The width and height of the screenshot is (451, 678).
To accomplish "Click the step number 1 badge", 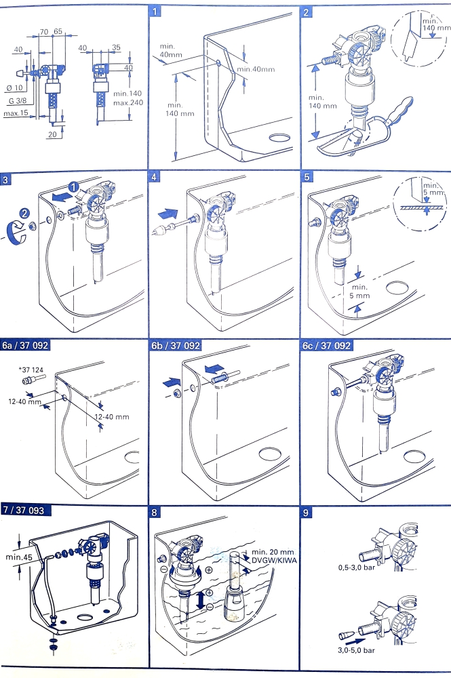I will pos(157,12).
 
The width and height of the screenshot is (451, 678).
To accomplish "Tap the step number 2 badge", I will pos(308,12).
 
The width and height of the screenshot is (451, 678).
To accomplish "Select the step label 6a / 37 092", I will pos(25,345).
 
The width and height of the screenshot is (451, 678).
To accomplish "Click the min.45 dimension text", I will pos(19,556).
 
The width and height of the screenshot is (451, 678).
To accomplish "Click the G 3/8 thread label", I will pos(18,101).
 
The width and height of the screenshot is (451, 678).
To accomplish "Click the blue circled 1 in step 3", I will pos(75,184).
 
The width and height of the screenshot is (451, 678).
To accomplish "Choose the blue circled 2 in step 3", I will pos(24,214).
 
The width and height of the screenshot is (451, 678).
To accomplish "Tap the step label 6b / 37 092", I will pos(176,345).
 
